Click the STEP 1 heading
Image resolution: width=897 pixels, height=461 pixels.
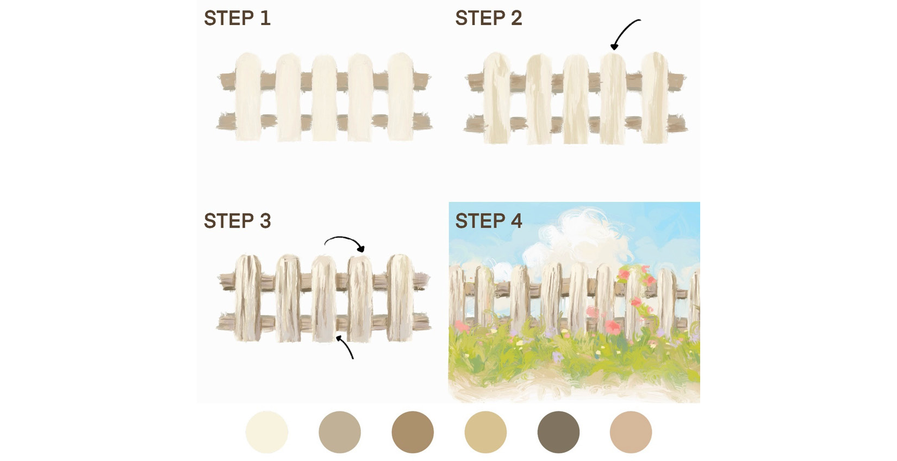coord(237,19)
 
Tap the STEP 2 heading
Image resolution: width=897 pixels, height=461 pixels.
coord(488,19)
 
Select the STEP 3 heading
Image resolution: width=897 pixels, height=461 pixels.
coord(237,221)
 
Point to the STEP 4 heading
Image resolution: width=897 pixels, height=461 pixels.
coord(488,221)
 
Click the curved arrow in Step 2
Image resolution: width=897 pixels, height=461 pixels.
coord(625,33)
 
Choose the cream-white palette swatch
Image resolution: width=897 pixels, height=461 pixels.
coord(266,432)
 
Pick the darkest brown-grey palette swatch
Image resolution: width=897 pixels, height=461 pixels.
coord(558,432)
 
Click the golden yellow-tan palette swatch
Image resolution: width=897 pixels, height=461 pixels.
coord(485,432)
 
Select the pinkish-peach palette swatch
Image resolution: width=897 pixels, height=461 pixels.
coord(631,432)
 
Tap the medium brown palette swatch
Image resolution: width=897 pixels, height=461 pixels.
coord(413,432)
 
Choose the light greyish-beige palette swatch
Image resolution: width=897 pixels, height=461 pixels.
coord(340,432)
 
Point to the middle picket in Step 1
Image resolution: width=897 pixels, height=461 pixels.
coord(325,98)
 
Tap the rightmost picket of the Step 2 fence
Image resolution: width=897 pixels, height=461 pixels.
coord(655,98)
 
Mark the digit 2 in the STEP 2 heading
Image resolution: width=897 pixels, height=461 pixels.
coord(516,19)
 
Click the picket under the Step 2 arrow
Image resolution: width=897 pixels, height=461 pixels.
coord(613,98)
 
